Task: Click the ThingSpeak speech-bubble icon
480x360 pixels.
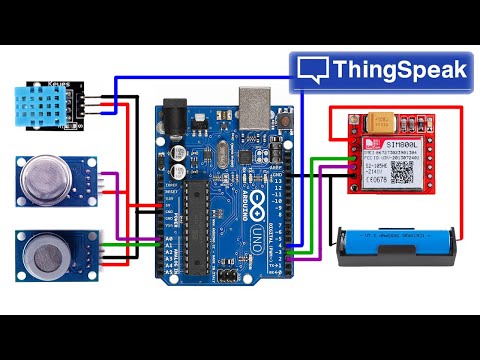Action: (x=314, y=69)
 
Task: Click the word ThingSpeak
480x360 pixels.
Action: (x=399, y=70)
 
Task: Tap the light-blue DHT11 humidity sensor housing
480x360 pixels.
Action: (x=41, y=104)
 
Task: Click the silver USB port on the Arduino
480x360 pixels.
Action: (x=254, y=100)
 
